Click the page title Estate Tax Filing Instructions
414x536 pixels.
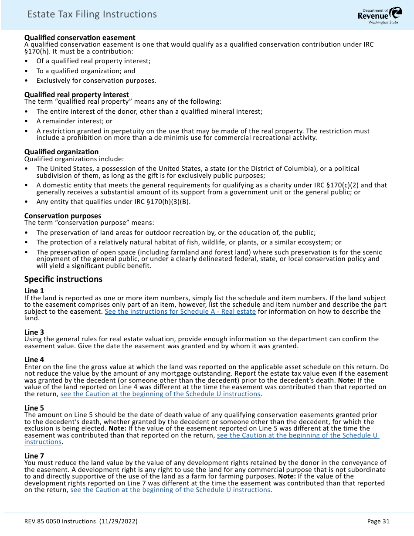tap(92, 14)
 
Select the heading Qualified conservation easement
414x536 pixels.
tap(80, 38)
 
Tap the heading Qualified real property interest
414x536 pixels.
tap(76, 95)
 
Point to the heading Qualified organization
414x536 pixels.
tap(61, 152)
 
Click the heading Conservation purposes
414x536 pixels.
tap(63, 216)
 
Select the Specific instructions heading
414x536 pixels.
tap(63, 279)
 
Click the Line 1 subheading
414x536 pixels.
tap(34, 291)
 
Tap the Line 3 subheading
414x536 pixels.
tap(34, 332)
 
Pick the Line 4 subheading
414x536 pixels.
tap(34, 360)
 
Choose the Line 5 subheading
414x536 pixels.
tap(34, 408)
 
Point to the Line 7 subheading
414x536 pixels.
tap(34, 456)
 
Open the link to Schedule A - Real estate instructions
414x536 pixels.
tap(180, 312)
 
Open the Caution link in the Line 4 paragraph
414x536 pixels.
tap(160, 394)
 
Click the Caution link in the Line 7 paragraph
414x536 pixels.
tap(170, 490)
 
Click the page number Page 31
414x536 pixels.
tap(378, 521)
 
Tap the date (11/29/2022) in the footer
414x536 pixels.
tap(121, 521)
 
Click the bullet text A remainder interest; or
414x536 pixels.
tap(74, 121)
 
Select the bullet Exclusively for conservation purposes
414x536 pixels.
tap(96, 81)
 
